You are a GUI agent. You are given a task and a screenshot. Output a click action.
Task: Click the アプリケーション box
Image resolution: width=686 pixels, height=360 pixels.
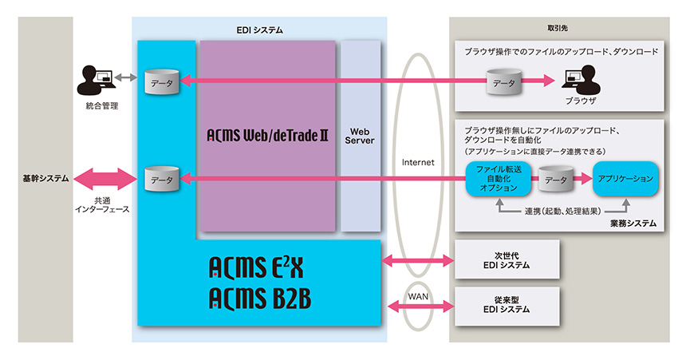pos(625,180)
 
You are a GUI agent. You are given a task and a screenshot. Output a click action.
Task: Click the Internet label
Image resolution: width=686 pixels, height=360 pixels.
pos(418,161)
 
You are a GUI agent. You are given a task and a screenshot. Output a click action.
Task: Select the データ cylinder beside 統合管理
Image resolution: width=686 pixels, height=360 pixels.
pos(160,82)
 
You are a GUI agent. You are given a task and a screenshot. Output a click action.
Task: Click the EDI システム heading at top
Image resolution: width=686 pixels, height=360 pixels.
pos(259,30)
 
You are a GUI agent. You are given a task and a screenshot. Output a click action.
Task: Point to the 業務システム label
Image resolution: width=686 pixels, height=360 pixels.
pos(635,224)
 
